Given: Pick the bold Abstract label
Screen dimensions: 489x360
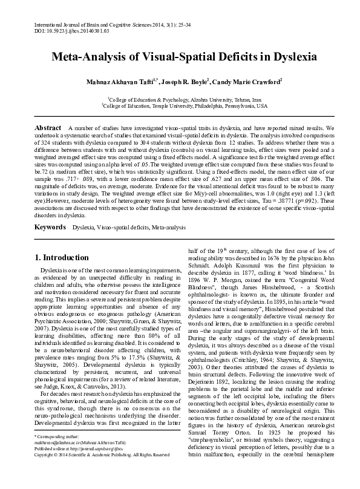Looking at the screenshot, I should [48, 129].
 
